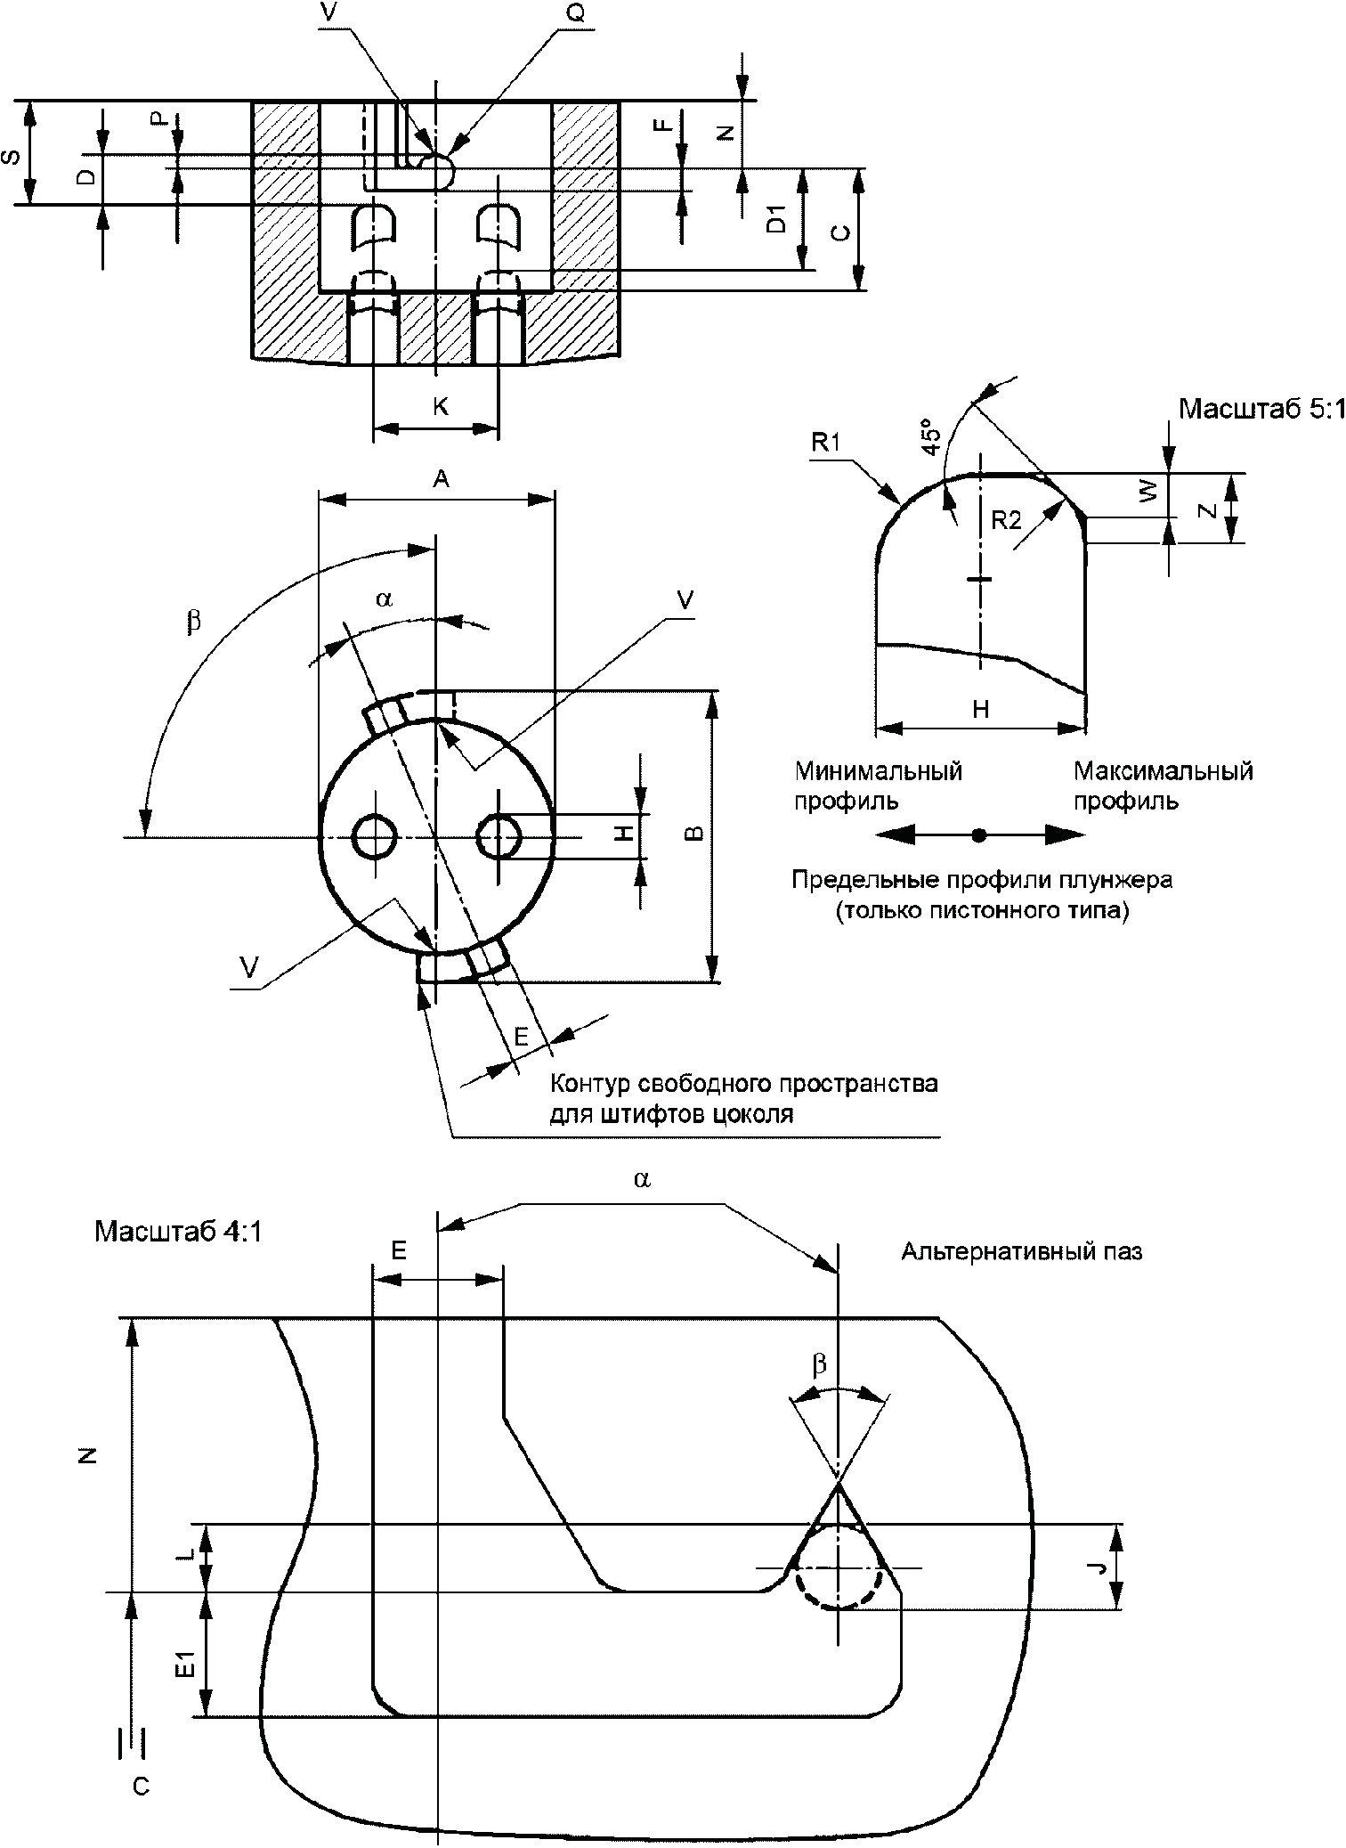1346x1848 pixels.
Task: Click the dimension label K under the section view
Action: coord(440,406)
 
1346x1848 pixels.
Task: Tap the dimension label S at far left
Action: coord(12,159)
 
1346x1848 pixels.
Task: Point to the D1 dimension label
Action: coord(777,218)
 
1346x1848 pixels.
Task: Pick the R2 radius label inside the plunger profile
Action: coord(1006,520)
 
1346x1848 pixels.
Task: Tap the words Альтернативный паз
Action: coord(1021,1252)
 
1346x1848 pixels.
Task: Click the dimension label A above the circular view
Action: coord(441,480)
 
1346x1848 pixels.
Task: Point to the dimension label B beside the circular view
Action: coord(697,834)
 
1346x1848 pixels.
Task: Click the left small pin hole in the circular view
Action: coord(375,836)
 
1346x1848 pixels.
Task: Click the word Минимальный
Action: coord(879,770)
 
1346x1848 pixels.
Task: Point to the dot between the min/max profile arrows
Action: coord(979,835)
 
